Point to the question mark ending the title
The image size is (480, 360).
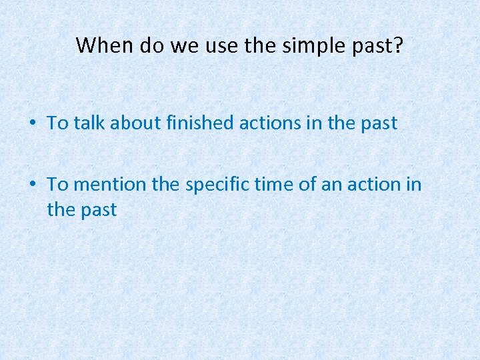(399, 45)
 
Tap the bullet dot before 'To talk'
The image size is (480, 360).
(32, 123)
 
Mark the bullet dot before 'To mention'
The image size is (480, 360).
(32, 184)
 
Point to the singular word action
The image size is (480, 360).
(373, 184)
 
